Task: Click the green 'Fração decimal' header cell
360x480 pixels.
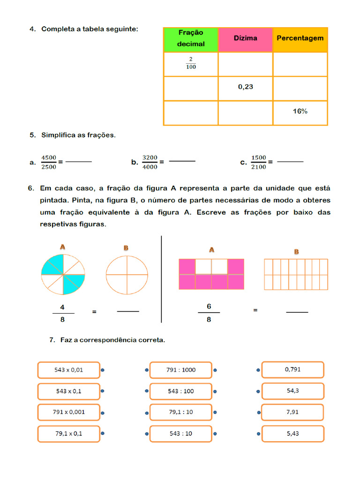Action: click(191, 39)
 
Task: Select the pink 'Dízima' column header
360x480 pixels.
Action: click(245, 39)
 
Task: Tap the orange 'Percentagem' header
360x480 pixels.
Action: click(300, 39)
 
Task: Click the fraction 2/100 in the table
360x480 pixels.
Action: click(191, 64)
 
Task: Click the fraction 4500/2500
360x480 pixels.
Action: click(49, 162)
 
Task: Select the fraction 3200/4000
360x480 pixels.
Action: click(150, 162)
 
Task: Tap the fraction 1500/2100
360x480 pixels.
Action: click(258, 162)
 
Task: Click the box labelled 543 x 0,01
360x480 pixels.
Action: click(68, 370)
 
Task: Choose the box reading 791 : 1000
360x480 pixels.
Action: click(181, 370)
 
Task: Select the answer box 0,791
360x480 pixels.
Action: click(292, 369)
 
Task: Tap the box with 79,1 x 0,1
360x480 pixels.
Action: click(68, 434)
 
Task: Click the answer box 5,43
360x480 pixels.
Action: click(292, 434)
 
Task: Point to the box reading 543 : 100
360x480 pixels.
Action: click(181, 391)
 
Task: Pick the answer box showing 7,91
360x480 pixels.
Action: click(292, 412)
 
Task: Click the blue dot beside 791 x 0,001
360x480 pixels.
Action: click(102, 413)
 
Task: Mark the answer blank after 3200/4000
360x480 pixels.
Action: click(182, 161)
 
